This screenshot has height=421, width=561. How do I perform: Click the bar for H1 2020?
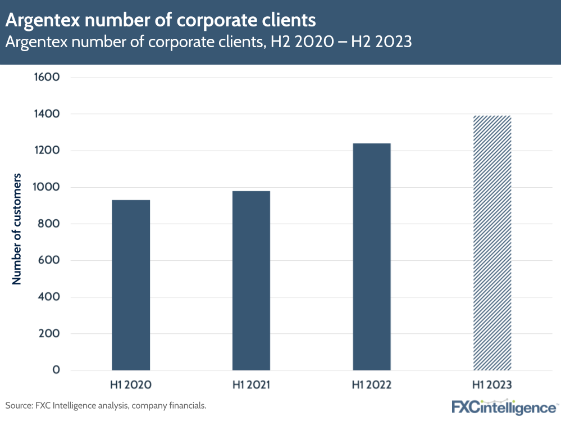pyautogui.click(x=131, y=285)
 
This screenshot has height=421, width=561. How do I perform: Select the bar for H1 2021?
pyautogui.click(x=251, y=280)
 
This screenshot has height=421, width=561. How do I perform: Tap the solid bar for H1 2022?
pyautogui.click(x=371, y=257)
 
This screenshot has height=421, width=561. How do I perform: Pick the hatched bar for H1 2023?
pyautogui.click(x=492, y=243)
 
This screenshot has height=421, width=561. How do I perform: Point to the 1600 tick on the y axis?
pyautogui.click(x=48, y=77)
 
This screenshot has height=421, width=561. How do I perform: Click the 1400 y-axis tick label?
pyautogui.click(x=48, y=114)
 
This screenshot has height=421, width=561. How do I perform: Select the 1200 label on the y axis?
pyautogui.click(x=48, y=151)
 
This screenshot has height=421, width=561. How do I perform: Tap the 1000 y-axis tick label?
pyautogui.click(x=48, y=187)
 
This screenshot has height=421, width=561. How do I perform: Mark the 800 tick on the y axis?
pyautogui.click(x=50, y=224)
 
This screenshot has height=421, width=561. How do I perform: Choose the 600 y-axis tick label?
pyautogui.click(x=50, y=260)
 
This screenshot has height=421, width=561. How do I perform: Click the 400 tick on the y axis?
pyautogui.click(x=50, y=297)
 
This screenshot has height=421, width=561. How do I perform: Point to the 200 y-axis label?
pyautogui.click(x=50, y=333)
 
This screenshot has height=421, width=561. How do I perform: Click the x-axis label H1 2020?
pyautogui.click(x=131, y=386)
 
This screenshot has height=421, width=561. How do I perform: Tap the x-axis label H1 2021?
pyautogui.click(x=251, y=386)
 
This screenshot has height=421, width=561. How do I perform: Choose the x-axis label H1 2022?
pyautogui.click(x=371, y=386)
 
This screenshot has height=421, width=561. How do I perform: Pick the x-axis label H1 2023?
pyautogui.click(x=492, y=386)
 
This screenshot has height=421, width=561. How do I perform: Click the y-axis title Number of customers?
pyautogui.click(x=17, y=229)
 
